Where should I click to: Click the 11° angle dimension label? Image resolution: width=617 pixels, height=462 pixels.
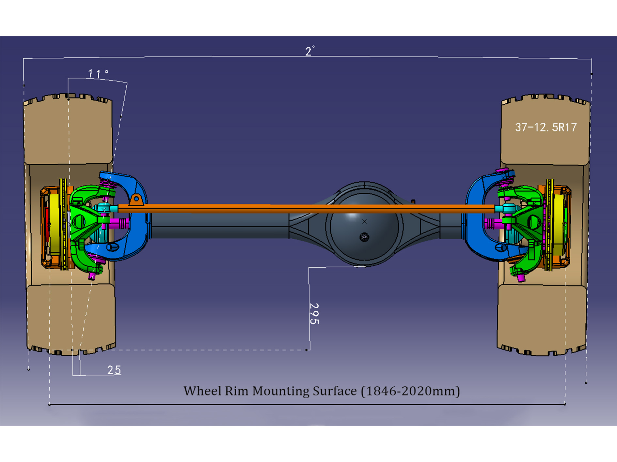click(x=97, y=73)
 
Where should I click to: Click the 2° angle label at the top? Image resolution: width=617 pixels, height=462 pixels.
click(x=309, y=51)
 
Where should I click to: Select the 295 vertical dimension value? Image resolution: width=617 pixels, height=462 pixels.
click(x=314, y=314)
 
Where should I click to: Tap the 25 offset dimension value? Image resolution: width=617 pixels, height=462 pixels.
click(x=114, y=370)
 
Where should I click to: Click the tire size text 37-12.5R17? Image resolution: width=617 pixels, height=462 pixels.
click(x=546, y=127)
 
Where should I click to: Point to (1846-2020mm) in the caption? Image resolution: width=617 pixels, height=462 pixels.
click(x=410, y=391)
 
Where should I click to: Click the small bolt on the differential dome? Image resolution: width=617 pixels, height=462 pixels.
click(x=364, y=237)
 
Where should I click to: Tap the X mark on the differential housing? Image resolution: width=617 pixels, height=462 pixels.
click(x=365, y=222)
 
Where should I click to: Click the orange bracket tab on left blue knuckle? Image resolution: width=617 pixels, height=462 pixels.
click(x=136, y=199)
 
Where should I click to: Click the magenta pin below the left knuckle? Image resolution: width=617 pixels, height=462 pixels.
click(x=92, y=276)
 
